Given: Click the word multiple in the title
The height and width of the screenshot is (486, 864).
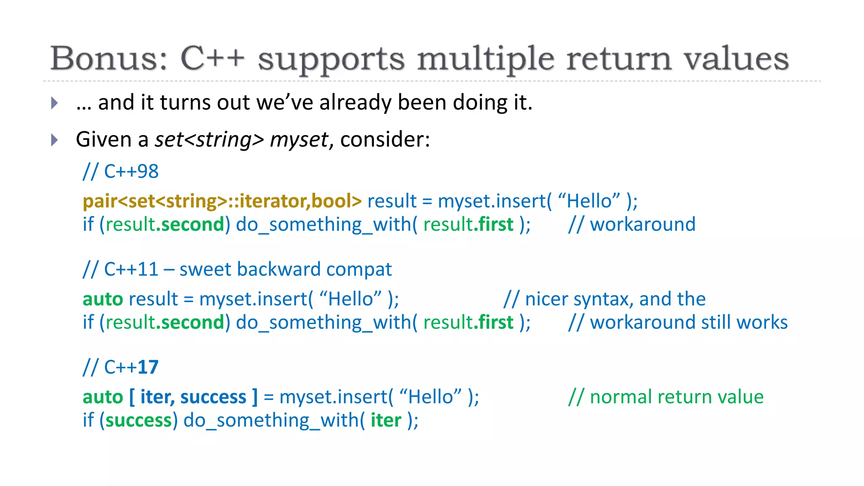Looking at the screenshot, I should click(x=486, y=59).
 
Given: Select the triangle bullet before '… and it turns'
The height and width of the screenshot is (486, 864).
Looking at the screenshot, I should click(x=54, y=103).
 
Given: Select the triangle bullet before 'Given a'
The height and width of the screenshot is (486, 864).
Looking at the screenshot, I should click(x=54, y=140).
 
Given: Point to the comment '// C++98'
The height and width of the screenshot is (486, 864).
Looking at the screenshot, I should click(x=121, y=172).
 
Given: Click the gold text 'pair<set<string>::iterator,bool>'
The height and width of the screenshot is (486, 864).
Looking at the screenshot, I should click(x=222, y=201).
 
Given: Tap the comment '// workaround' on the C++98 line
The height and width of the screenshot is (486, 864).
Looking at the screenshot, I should click(x=632, y=224).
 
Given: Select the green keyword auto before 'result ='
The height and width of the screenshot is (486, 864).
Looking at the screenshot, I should click(x=103, y=299).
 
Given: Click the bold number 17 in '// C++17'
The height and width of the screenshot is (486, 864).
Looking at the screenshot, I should click(x=148, y=367).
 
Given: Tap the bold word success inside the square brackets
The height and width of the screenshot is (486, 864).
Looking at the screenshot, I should click(x=213, y=397).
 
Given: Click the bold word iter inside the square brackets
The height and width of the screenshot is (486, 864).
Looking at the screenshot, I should click(x=155, y=397).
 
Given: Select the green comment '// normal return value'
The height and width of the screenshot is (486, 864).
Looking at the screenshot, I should click(x=666, y=397).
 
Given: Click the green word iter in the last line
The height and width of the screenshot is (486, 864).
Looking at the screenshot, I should click(x=386, y=421).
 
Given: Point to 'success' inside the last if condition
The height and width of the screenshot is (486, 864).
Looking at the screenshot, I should click(x=138, y=421).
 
